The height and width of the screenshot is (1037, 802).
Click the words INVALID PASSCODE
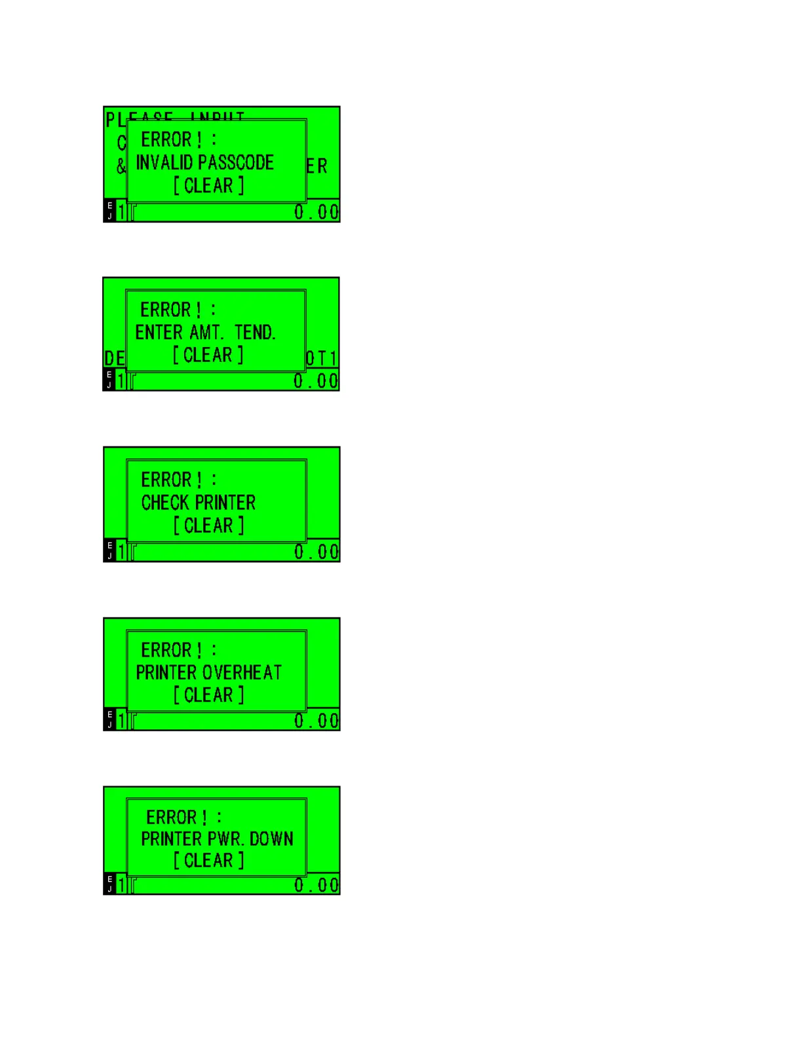point(204,162)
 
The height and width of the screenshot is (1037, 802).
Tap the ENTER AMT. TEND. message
point(205,333)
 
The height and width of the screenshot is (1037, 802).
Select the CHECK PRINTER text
point(199,503)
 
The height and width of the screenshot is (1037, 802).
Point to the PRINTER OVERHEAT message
point(208,672)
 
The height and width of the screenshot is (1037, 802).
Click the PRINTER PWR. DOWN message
point(217,839)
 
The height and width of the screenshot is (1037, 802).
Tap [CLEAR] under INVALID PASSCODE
point(208,186)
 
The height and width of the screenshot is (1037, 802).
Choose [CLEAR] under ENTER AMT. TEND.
point(208,355)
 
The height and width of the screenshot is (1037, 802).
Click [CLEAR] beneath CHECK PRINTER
point(208,526)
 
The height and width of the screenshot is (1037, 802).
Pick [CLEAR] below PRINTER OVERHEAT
point(208,695)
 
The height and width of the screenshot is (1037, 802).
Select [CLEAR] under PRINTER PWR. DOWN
point(208,861)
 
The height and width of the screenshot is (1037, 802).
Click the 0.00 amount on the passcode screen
point(316,212)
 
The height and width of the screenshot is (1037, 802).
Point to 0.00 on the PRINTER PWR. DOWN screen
point(316,885)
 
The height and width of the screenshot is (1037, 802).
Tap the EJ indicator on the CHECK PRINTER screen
point(109,551)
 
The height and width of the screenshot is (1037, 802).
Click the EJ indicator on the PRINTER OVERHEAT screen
point(109,719)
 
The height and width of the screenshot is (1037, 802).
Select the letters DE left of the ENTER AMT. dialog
point(115,358)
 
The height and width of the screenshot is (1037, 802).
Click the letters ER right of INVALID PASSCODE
point(316,166)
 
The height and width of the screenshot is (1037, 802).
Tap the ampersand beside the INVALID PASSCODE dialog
point(121,166)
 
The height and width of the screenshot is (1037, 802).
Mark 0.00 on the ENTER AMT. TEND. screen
point(316,381)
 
